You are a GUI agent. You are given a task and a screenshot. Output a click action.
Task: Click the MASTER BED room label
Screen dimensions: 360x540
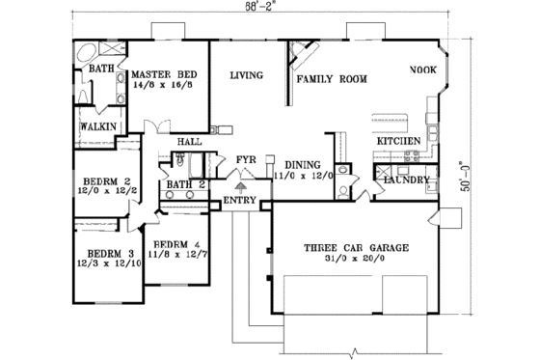166,73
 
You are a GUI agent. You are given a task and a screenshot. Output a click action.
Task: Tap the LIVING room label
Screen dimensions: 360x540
246,75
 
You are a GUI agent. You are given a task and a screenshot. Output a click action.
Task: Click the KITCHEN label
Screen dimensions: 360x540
397,141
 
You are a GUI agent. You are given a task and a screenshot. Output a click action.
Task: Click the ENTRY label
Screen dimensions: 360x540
238,200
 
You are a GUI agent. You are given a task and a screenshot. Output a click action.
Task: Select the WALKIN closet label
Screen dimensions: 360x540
99,126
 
